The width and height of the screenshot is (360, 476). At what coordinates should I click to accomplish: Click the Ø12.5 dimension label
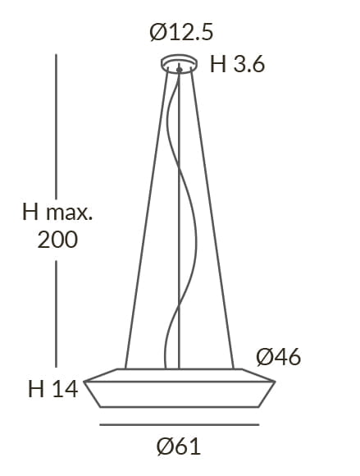(181, 33)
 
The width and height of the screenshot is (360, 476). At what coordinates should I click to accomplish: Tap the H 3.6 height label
(237, 64)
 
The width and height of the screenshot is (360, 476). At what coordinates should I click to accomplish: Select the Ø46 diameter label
(279, 357)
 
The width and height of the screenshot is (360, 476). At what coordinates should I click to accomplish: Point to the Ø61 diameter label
(179, 446)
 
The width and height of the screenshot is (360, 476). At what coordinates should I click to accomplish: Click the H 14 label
(52, 389)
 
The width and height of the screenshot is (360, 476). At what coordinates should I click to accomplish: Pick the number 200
(57, 240)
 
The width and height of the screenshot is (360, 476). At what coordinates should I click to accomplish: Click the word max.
(69, 213)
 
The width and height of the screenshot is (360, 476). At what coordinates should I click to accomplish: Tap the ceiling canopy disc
(179, 63)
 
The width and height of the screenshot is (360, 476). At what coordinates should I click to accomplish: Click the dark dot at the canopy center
(180, 70)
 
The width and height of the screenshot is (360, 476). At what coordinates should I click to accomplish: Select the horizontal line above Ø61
(180, 424)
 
